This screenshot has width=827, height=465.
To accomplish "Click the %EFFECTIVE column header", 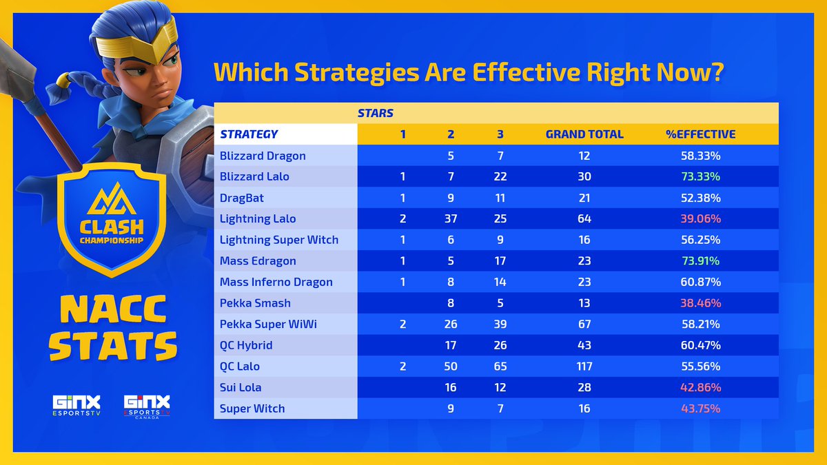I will [x=701, y=134].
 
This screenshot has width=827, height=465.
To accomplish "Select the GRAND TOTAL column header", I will [x=584, y=134].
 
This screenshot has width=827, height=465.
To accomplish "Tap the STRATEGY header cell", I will [x=249, y=134].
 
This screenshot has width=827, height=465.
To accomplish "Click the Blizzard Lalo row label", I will [x=254, y=176].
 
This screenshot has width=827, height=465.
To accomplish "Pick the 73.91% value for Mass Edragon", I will [x=701, y=261].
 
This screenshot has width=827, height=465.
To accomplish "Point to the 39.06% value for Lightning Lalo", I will [x=701, y=218].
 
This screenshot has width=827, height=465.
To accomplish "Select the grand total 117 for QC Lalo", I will [x=584, y=366].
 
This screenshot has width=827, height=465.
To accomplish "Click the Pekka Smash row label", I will [x=255, y=303].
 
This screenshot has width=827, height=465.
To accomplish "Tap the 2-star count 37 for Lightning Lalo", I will [x=451, y=218].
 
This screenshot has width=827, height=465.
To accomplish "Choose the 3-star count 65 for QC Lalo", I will [x=500, y=366].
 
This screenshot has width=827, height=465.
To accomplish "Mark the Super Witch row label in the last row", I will [x=252, y=409].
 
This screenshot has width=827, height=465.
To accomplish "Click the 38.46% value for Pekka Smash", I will [x=701, y=303].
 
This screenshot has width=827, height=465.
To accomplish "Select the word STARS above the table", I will [x=375, y=112].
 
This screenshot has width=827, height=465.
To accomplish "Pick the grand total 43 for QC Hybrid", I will [x=584, y=345].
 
